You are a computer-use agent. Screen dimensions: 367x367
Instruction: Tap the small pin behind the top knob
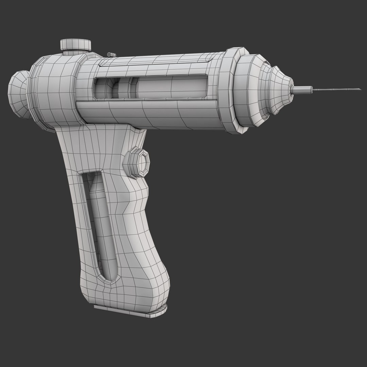(x=111, y=54)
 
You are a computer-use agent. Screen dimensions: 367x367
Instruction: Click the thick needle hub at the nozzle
(x=302, y=90)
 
